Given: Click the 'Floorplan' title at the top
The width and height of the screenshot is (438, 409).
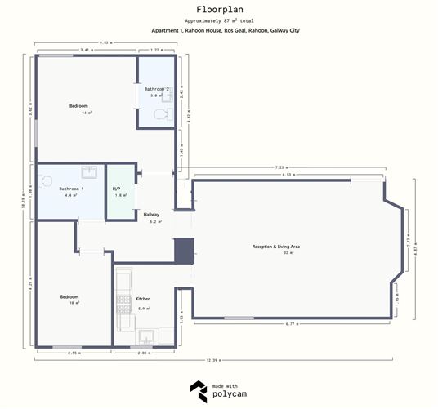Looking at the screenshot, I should click(x=218, y=11).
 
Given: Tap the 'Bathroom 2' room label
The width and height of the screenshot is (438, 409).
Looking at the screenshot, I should click(x=157, y=88).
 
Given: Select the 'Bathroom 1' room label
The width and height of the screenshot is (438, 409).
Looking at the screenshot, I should click(x=71, y=189).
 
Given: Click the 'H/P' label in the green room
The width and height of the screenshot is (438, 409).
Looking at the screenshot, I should click(x=116, y=189).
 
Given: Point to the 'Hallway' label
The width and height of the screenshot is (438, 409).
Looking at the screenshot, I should click(x=151, y=214).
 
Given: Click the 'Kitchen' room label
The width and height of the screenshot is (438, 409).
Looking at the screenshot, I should click(x=143, y=299).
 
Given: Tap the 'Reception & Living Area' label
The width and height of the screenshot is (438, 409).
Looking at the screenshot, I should click(x=276, y=246).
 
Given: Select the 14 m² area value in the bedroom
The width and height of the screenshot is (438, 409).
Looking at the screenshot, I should click(x=85, y=113).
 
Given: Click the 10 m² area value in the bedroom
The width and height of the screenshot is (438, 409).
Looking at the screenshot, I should click(x=74, y=303).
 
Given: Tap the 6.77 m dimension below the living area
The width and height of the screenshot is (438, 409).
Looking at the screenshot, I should click(x=290, y=325).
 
